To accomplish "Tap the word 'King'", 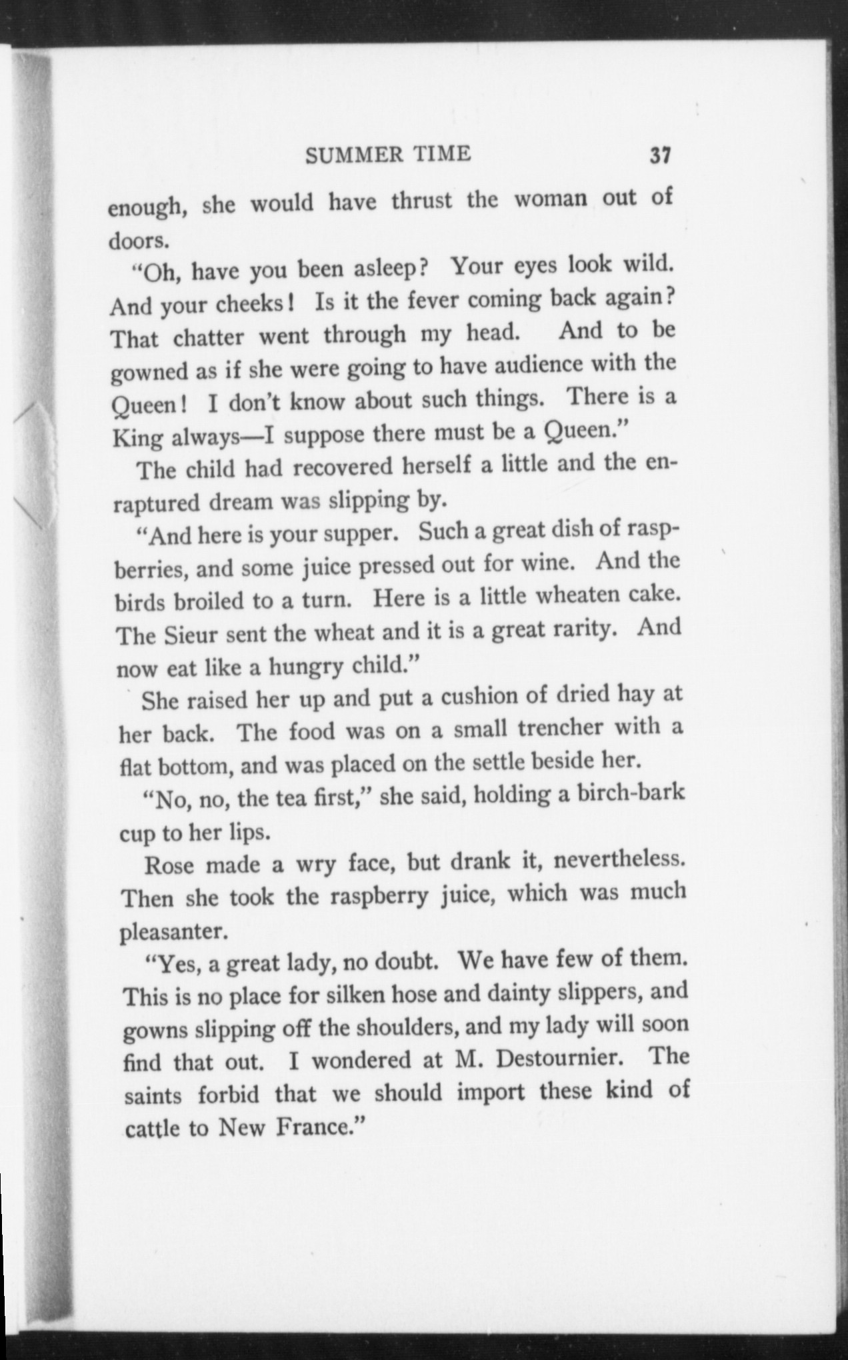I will pos(137,438).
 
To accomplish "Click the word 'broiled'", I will pos(209,601).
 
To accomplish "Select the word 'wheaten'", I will pos(577,595).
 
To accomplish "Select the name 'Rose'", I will pos(169,866).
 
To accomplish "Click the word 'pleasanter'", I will pos(174,932).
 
